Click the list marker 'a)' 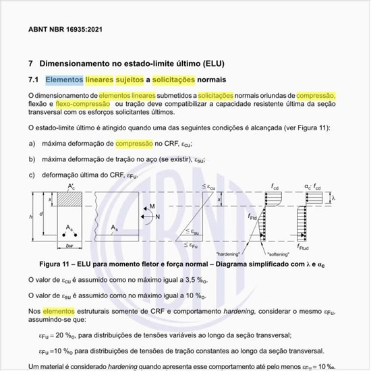(32, 144)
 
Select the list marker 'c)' (32, 174)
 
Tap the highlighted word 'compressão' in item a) (134, 144)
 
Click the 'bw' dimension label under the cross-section (69, 246)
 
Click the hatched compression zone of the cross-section (70, 200)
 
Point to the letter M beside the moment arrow (153, 206)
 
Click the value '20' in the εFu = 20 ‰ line (59, 335)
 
